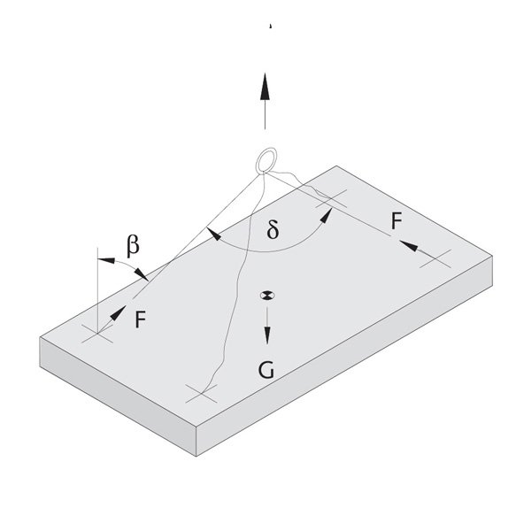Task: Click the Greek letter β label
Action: click(x=133, y=246)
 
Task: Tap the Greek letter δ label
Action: click(x=273, y=228)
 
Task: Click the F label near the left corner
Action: click(x=140, y=319)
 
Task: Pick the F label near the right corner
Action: click(x=396, y=220)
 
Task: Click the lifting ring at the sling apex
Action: click(x=266, y=160)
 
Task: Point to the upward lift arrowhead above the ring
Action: click(x=265, y=86)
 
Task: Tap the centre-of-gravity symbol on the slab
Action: click(x=267, y=296)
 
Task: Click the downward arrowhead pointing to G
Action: click(x=267, y=335)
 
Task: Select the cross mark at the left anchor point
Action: click(x=97, y=334)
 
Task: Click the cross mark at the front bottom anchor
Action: click(x=202, y=394)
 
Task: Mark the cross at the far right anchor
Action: click(x=435, y=258)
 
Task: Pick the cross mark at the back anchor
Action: click(x=331, y=198)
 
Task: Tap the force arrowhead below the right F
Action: click(x=408, y=245)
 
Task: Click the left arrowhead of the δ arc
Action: click(x=213, y=234)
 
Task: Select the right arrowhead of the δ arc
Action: click(x=327, y=216)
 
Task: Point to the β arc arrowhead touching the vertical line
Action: click(x=106, y=260)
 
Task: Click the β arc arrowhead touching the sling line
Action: click(x=142, y=274)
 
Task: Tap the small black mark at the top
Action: click(x=270, y=26)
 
